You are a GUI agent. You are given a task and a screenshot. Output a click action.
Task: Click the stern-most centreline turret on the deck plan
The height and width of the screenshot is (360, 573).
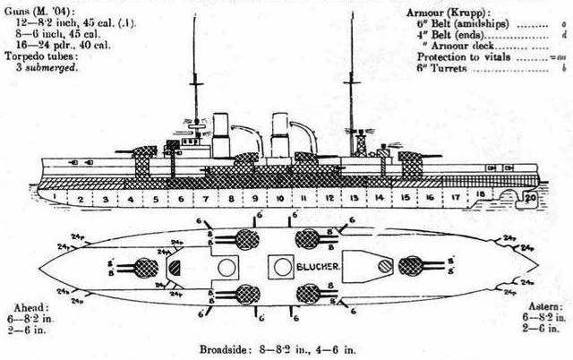pyautogui.click(x=411, y=266)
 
